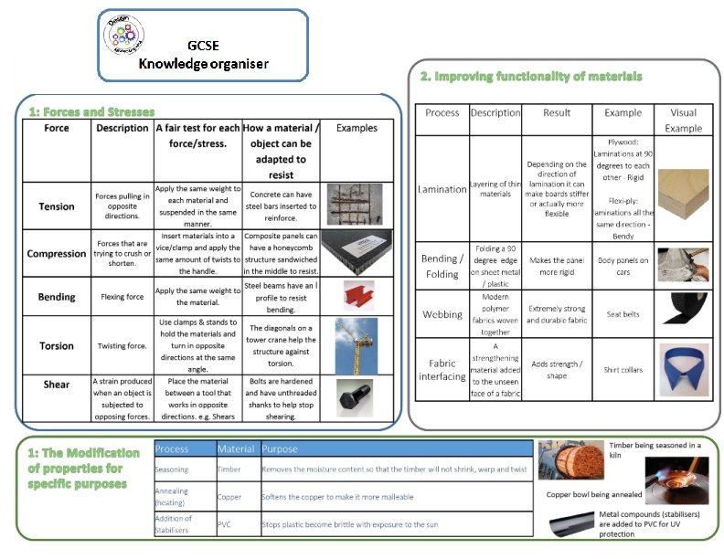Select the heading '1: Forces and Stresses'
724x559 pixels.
click(x=91, y=111)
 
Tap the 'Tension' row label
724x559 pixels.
click(x=57, y=206)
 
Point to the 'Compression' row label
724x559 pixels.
click(x=57, y=254)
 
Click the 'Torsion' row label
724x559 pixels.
click(x=57, y=346)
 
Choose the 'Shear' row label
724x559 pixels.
click(x=57, y=385)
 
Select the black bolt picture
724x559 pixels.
click(x=357, y=397)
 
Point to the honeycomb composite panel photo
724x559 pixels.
click(x=357, y=253)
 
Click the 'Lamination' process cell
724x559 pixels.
click(x=442, y=189)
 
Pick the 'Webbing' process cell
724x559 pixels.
click(x=442, y=314)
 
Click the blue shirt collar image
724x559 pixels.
click(x=684, y=366)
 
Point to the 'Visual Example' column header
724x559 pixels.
click(x=684, y=121)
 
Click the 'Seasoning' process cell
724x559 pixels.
click(x=172, y=469)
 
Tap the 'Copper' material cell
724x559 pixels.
click(x=229, y=498)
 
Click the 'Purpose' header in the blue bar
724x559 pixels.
click(x=280, y=448)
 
